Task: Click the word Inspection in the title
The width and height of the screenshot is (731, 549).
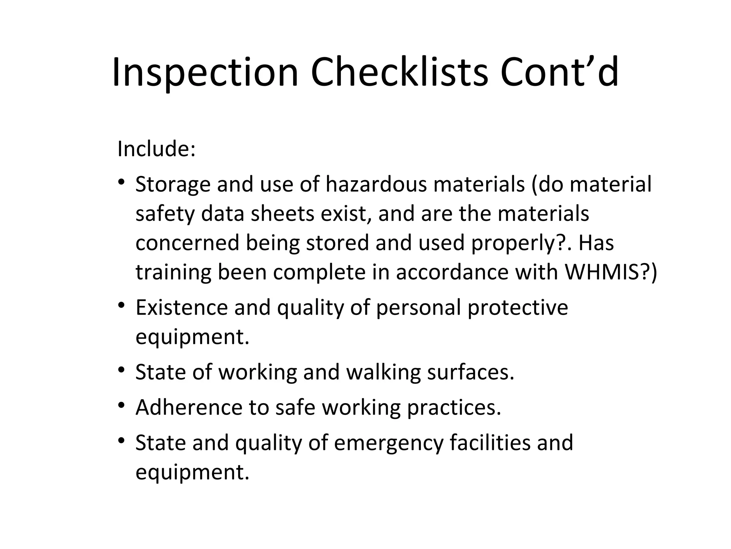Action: pyautogui.click(x=205, y=73)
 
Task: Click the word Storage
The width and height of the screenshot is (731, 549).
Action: pyautogui.click(x=173, y=185)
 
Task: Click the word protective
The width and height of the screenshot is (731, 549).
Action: pyautogui.click(x=518, y=308)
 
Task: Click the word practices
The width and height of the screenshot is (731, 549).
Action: pyautogui.click(x=454, y=408)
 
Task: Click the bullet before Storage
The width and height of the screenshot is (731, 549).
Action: pyautogui.click(x=122, y=183)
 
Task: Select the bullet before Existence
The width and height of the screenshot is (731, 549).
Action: pyautogui.click(x=122, y=306)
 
